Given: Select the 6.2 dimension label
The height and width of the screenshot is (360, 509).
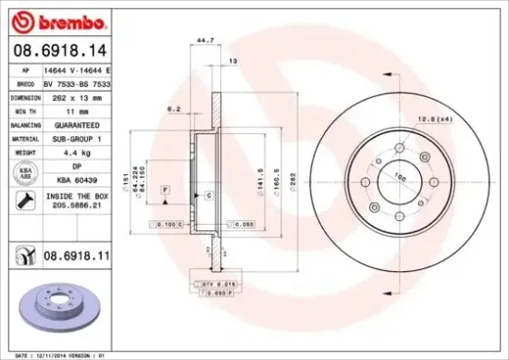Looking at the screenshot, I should pos(174,108).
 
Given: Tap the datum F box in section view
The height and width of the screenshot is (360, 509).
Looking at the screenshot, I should pos(165,189).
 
